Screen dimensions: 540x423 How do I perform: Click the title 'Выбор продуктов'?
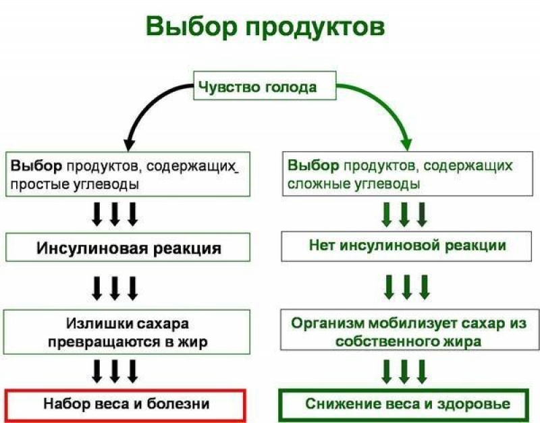(265, 28)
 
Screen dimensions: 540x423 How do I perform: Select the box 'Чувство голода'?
(265, 86)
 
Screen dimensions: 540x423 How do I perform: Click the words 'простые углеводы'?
(74, 184)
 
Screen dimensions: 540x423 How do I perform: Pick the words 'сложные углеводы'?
(354, 184)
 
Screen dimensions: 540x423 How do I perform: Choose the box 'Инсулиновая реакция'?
(128, 247)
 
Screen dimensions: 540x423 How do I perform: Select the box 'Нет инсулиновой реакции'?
(406, 246)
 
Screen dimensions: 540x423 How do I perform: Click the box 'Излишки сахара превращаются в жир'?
(127, 332)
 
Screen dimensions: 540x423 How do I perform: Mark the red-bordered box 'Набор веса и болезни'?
(126, 405)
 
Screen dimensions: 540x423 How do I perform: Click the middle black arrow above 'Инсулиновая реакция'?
(115, 214)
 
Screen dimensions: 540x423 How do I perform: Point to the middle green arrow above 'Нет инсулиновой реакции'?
(404, 214)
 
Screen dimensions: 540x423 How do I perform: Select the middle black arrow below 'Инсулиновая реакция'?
(115, 288)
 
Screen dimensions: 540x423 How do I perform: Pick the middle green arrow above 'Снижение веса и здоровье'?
(404, 372)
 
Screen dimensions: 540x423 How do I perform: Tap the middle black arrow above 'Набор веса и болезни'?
(115, 372)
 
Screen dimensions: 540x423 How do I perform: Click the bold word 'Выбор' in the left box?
(36, 166)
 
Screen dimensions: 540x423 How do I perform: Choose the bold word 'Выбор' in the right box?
(313, 165)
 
